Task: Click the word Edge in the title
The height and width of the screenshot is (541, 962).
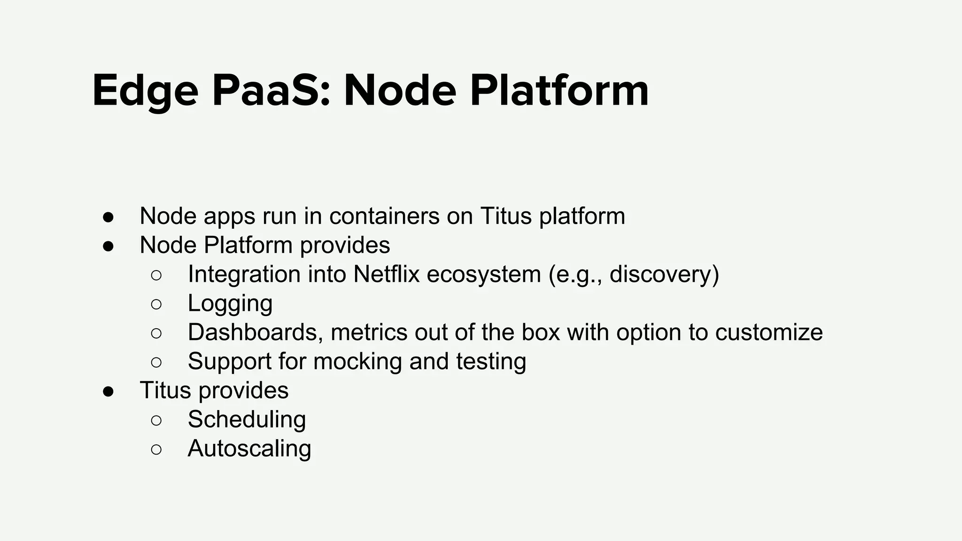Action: tap(145, 91)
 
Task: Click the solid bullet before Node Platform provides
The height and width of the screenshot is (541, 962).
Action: tap(109, 246)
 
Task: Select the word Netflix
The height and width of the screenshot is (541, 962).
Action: tap(386, 274)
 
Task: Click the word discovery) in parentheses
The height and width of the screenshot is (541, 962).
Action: tap(664, 274)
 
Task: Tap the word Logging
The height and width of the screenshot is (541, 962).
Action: tap(230, 304)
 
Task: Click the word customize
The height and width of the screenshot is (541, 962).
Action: tap(768, 332)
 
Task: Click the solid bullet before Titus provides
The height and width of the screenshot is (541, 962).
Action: tap(109, 391)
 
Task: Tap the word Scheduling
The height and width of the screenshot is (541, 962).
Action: tap(247, 419)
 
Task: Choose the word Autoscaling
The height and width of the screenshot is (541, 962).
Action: tap(249, 448)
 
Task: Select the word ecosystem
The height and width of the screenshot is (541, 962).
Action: tap(483, 274)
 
